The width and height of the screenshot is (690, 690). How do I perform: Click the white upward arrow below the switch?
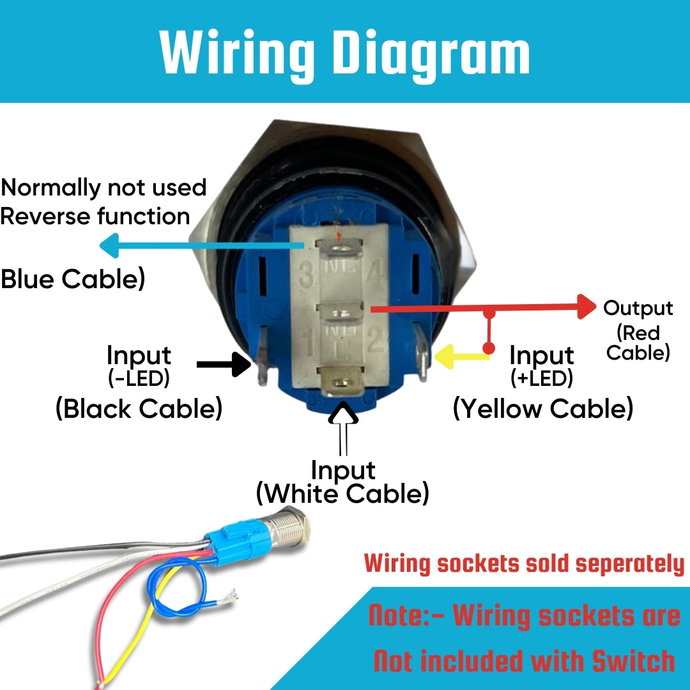[x=344, y=422]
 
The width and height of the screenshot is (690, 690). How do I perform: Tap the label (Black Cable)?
[x=139, y=408]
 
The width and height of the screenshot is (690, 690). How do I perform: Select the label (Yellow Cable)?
[x=543, y=408]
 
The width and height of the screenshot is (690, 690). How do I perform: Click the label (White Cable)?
[x=342, y=494]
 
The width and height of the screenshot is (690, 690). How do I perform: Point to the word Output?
[x=638, y=308]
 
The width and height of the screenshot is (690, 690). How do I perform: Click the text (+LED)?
[x=542, y=379]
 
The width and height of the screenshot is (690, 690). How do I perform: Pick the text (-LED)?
[x=139, y=379]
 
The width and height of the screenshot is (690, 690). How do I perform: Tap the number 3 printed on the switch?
[x=308, y=277]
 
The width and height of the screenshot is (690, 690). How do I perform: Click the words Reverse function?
[x=95, y=216]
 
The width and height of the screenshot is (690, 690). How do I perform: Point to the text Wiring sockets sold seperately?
[x=524, y=563]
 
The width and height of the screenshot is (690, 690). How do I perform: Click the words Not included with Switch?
[x=524, y=661]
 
